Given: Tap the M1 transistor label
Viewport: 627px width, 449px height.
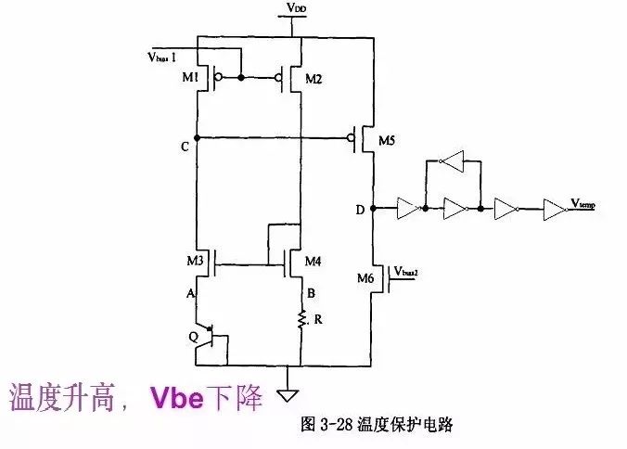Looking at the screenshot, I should [x=190, y=78].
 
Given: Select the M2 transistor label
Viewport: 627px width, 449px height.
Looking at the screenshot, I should [x=314, y=78].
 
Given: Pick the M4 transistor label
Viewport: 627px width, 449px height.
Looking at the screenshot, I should [x=313, y=263].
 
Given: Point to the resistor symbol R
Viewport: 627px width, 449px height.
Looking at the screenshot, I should [x=302, y=320].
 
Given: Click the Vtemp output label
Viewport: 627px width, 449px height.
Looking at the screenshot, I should [x=582, y=203].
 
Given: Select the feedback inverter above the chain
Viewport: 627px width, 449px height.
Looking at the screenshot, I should [x=450, y=163].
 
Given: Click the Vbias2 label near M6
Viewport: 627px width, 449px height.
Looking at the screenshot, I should [x=407, y=271].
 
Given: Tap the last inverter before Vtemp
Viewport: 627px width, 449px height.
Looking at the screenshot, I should [x=553, y=209].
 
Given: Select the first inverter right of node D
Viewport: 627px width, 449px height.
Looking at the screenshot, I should [x=406, y=209].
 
